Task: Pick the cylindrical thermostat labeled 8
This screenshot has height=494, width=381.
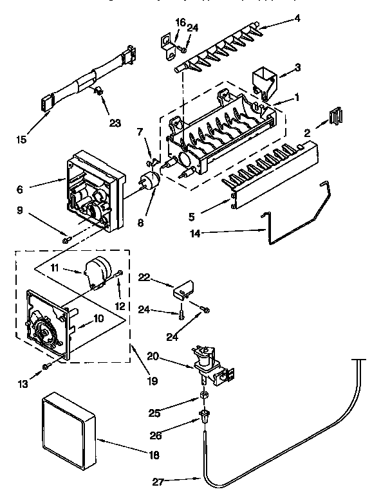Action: (153, 182)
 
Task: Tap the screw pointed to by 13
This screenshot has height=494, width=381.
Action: (47, 366)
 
